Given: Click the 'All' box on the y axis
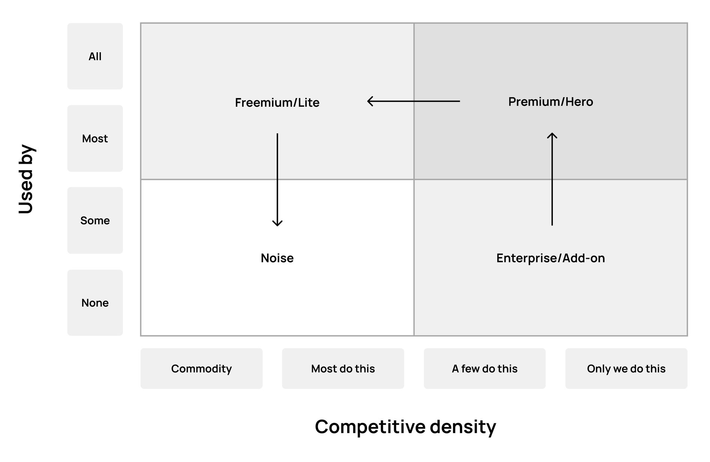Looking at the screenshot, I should [x=95, y=56].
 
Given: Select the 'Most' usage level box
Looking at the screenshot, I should [x=95, y=139].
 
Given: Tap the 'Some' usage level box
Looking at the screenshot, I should [x=95, y=220].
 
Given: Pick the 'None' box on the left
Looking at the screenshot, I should [x=95, y=303].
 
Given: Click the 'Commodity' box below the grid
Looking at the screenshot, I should [x=201, y=368].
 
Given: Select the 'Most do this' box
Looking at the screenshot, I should [x=343, y=368].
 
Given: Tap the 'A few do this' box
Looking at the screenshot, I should [x=485, y=368].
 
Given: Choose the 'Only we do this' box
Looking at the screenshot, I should [x=626, y=368].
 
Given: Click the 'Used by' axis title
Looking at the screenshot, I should [x=26, y=179].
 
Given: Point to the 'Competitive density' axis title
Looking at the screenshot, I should [x=405, y=427].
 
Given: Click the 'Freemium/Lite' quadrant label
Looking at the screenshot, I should [x=277, y=103].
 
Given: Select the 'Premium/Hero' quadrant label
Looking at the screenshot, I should [x=551, y=102].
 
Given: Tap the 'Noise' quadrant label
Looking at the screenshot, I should [x=277, y=258].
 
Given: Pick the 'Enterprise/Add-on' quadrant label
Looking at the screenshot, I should [x=551, y=258].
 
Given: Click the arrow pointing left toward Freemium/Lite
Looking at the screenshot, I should [x=413, y=101].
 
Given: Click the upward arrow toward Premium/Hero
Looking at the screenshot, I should [x=552, y=180].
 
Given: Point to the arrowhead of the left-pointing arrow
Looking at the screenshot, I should [x=369, y=101].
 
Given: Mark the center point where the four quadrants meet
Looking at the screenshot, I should [x=414, y=180].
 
